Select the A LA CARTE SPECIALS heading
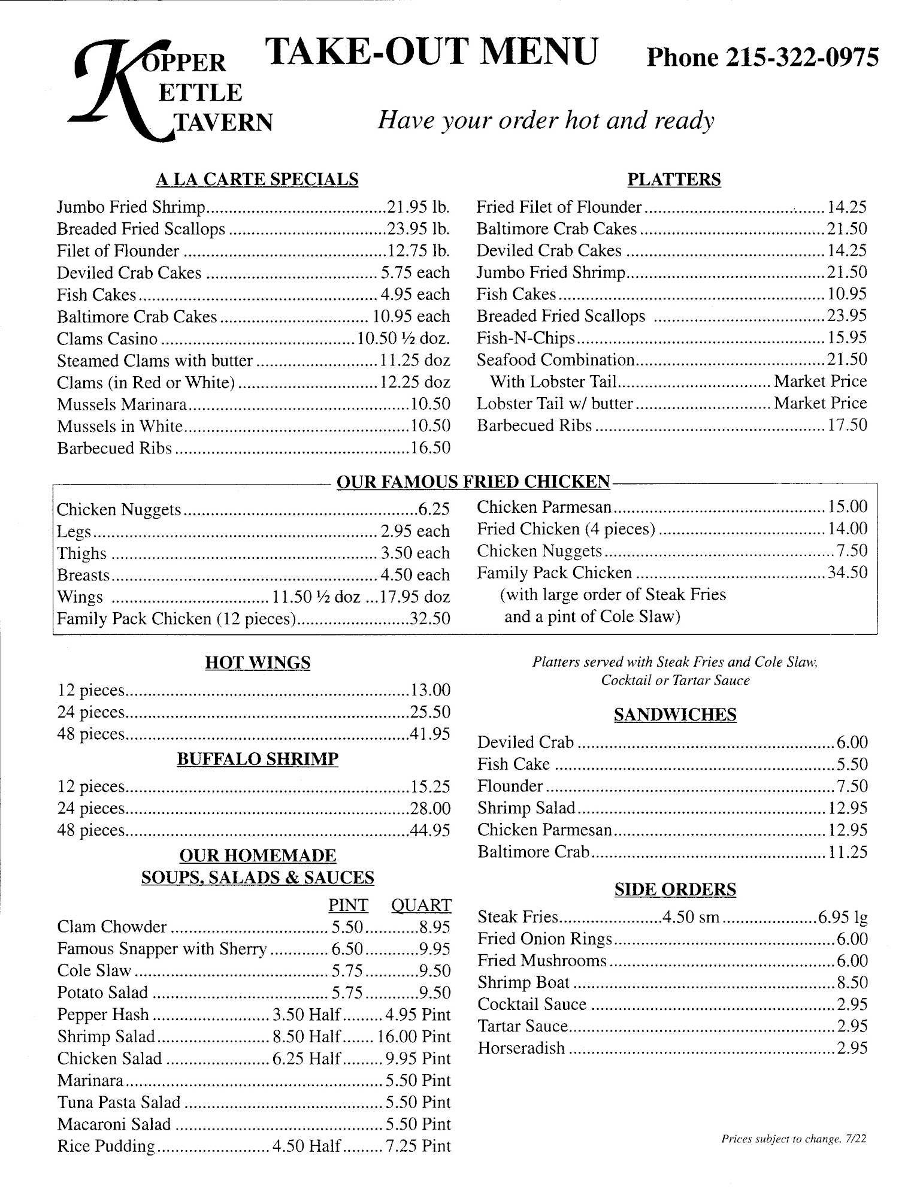257,179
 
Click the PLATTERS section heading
674,179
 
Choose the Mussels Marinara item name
122,404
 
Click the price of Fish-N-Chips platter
847,337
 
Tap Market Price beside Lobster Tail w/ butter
820,403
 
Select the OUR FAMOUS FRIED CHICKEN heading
473,482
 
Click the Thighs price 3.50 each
414,553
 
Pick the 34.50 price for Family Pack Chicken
847,572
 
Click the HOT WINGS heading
258,662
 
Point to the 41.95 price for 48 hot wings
430,734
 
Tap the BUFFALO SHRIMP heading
258,759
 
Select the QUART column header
420,905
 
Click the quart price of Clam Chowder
434,927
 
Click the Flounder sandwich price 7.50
851,786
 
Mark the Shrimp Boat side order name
523,982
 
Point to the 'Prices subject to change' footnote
793,1139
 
